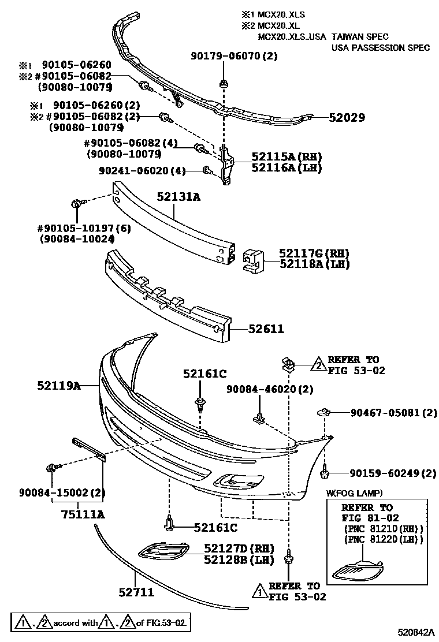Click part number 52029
347,118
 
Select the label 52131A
178,197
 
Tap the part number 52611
266,329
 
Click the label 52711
136,592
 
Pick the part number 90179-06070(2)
234,56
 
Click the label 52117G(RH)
314,253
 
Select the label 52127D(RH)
239,548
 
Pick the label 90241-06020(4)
142,171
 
